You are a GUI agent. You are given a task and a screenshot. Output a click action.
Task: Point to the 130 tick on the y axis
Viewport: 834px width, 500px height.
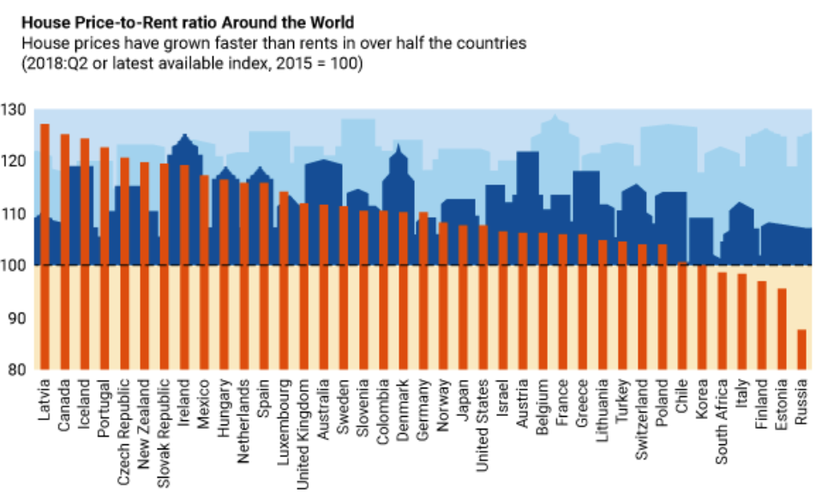click(16, 110)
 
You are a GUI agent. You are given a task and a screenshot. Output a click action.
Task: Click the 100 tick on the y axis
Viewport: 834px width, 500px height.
click(16, 266)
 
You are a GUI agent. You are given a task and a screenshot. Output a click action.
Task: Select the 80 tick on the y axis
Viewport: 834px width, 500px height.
click(16, 370)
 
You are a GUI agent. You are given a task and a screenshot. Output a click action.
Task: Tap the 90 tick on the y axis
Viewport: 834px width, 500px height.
click(16, 318)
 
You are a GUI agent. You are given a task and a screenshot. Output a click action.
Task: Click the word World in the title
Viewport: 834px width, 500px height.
click(331, 19)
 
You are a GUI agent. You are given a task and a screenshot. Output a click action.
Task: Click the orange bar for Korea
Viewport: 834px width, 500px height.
click(701, 316)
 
